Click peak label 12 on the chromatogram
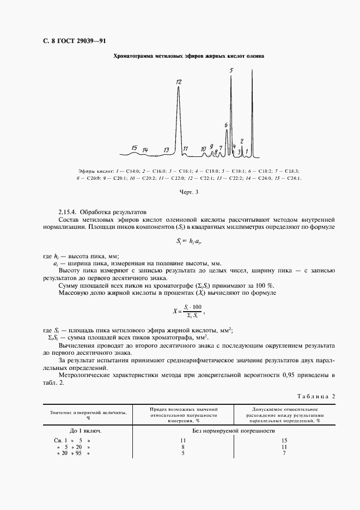click(179, 82)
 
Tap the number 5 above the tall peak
click(231, 70)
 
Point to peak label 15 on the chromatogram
click(134, 148)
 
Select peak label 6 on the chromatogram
click(226, 125)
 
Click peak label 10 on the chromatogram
click(203, 148)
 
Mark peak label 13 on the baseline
click(166, 149)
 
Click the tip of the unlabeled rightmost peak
click(252, 69)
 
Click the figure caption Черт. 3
click(189, 191)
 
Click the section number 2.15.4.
click(69, 211)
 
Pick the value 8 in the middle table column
click(183, 446)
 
